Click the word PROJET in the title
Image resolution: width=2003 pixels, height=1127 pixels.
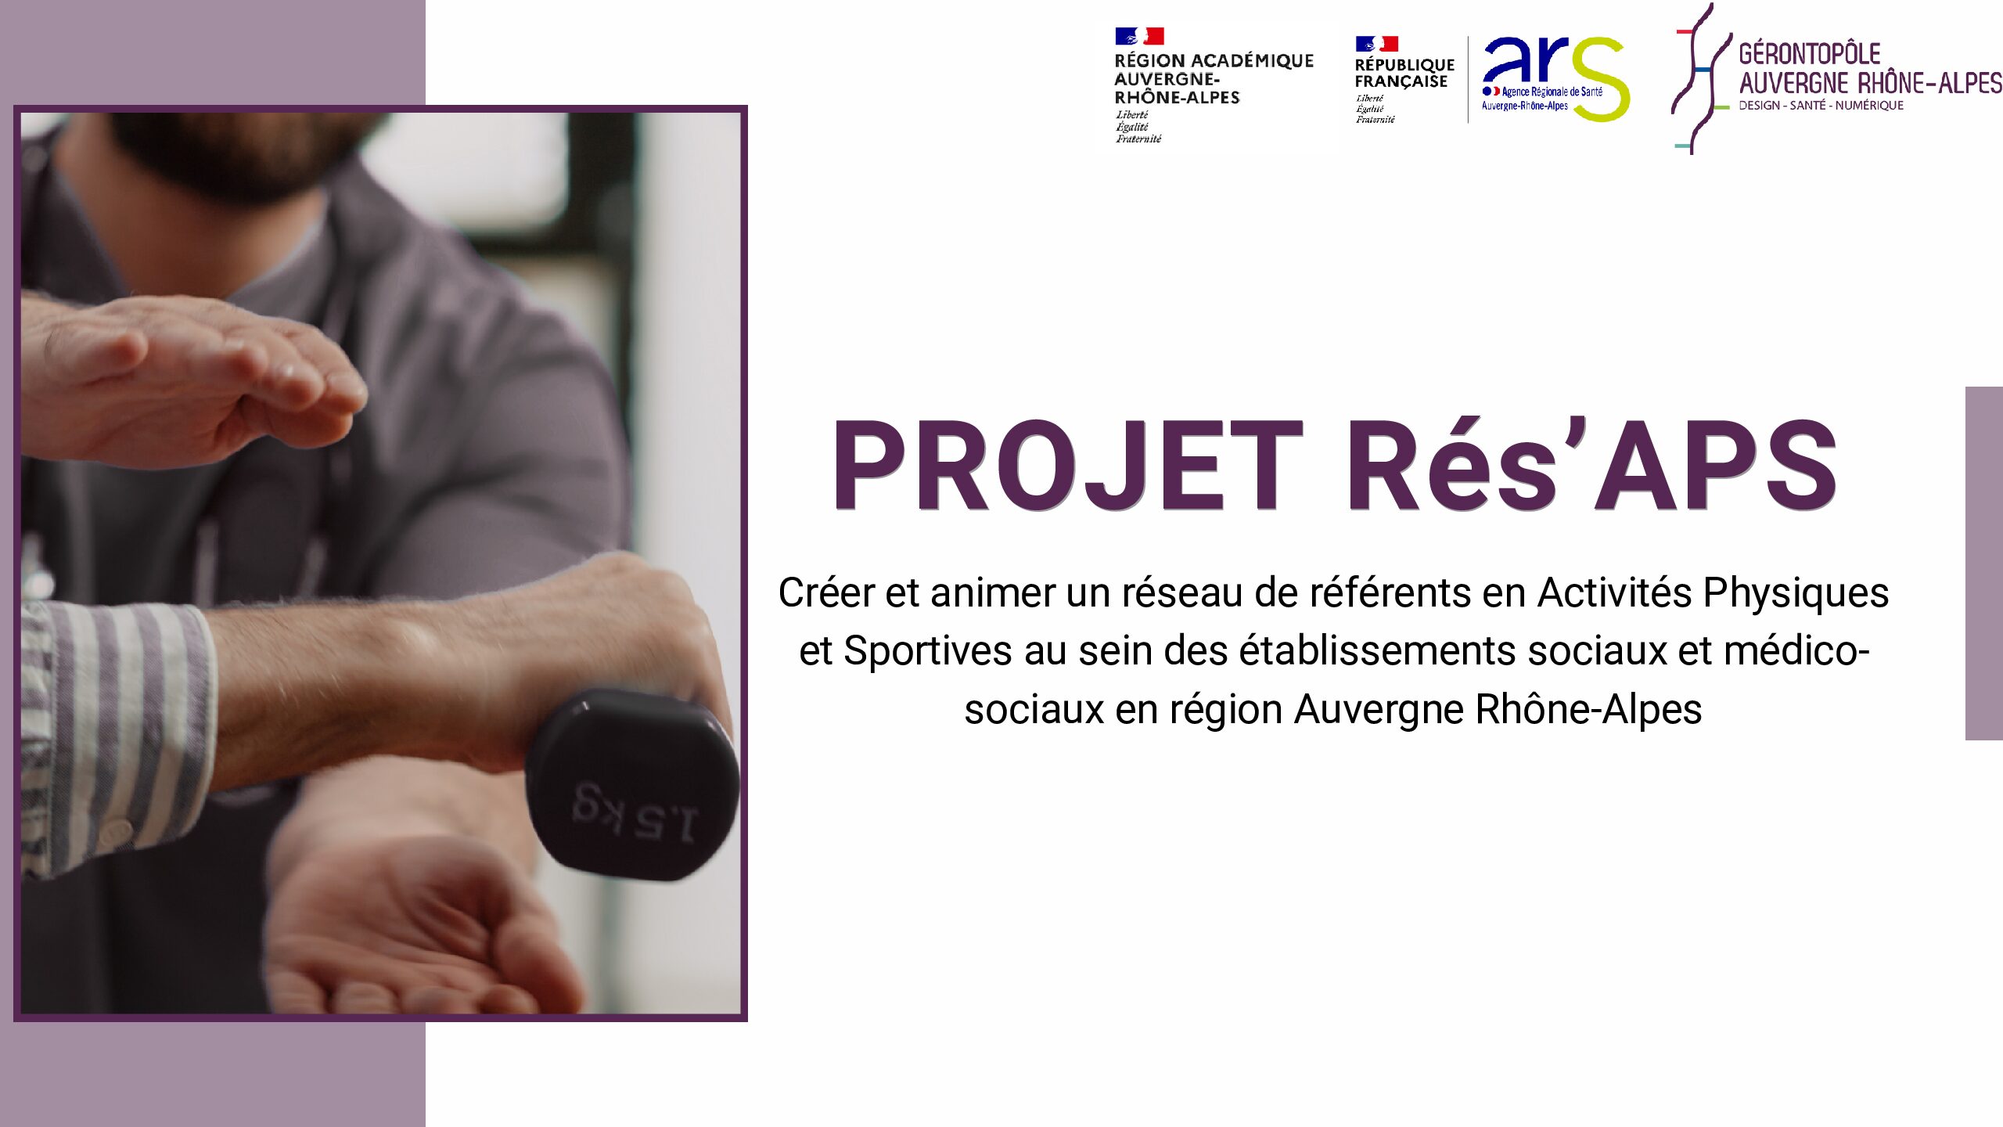pyautogui.click(x=1067, y=466)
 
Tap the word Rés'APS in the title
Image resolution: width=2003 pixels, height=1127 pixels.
pyautogui.click(x=1591, y=464)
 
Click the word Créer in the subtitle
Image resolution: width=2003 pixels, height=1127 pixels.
pyautogui.click(x=826, y=592)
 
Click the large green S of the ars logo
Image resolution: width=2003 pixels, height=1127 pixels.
pyautogui.click(x=1601, y=80)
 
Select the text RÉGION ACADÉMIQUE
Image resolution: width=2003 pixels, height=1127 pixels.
pyautogui.click(x=1214, y=60)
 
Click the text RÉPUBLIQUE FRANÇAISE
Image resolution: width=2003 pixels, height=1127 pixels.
pyautogui.click(x=1404, y=73)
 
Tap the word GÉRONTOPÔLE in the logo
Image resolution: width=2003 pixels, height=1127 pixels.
pyautogui.click(x=1809, y=54)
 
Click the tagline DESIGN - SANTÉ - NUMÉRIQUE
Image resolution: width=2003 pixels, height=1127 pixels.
pyautogui.click(x=1821, y=106)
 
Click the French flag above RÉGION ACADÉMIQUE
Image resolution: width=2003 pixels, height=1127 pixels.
pyautogui.click(x=1139, y=36)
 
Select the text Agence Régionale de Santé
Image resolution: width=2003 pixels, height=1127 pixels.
pyautogui.click(x=1552, y=92)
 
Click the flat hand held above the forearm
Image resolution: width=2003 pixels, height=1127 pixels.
pyautogui.click(x=188, y=380)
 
